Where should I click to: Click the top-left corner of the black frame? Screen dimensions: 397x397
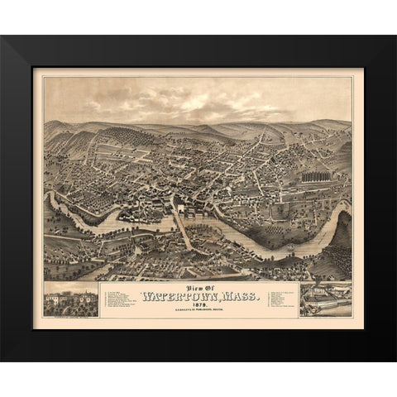tap(2, 37)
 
